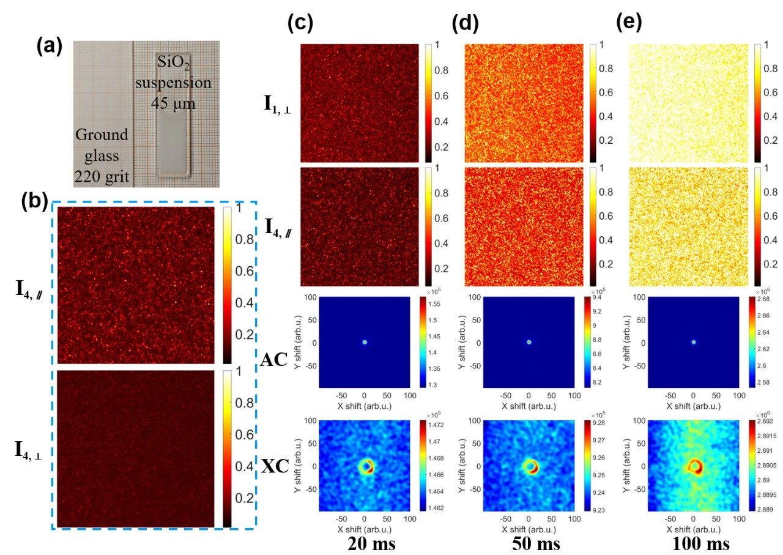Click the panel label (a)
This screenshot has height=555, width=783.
click(49, 46)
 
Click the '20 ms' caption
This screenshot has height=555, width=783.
click(365, 543)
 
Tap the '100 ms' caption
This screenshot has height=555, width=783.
click(693, 543)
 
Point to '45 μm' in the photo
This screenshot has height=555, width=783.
click(173, 104)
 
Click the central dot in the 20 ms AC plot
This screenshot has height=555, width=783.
click(365, 342)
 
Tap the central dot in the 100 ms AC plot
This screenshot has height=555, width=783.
click(693, 342)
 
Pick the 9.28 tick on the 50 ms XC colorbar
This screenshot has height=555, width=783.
click(603, 422)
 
